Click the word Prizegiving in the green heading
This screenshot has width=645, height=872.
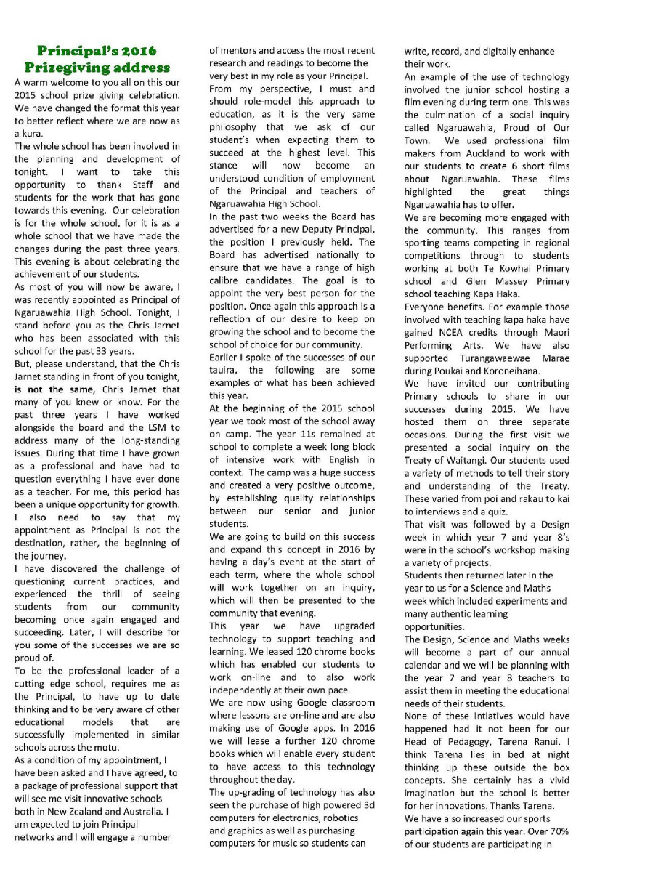coord(70,68)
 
